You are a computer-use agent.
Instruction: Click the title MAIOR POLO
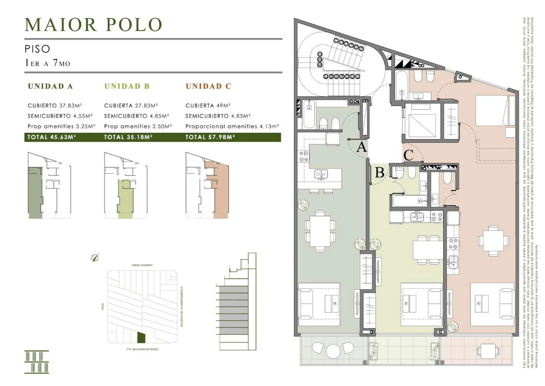tap(93, 25)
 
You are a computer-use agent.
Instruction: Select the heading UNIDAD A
tap(50, 86)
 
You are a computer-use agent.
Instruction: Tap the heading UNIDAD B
tap(127, 86)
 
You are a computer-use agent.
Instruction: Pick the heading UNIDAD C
tap(208, 86)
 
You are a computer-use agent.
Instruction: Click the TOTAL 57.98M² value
tap(210, 137)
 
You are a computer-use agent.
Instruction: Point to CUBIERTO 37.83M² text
tap(55, 106)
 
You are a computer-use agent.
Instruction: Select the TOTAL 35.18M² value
tap(128, 137)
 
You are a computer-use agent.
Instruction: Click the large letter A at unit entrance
tap(361, 147)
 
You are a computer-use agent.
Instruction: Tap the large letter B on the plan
tap(379, 172)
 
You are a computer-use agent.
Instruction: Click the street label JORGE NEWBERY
tap(142, 265)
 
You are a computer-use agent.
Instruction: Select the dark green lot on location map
tap(141, 337)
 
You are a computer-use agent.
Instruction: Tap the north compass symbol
tap(95, 258)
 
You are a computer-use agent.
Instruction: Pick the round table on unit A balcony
tap(333, 351)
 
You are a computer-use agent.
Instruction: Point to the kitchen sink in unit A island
tap(321, 174)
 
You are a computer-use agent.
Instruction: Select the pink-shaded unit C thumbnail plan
tap(207, 185)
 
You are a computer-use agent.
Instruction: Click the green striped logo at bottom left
tap(37, 362)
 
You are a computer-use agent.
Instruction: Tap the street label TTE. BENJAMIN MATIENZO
tap(142, 349)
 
